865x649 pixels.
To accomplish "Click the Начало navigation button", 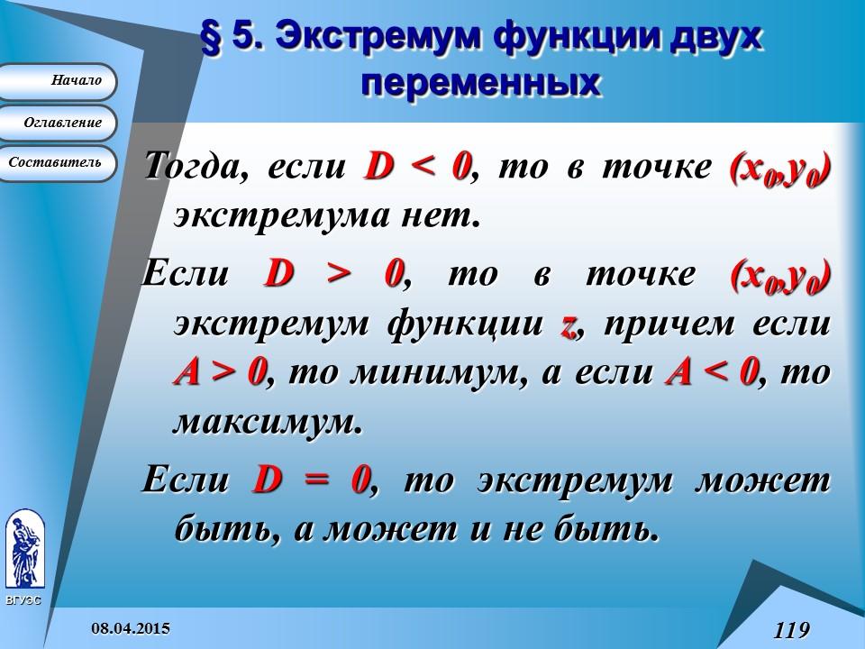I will pos(58,81).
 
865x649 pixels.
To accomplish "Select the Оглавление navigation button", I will pos(58,123).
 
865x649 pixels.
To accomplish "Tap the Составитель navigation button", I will pos(56,163).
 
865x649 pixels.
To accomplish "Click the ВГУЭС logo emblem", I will pos(24,550).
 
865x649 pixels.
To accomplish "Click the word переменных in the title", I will pos(480,83).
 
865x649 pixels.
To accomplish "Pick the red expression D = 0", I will pos(313,480).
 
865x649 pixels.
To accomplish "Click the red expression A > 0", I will pos(217,372).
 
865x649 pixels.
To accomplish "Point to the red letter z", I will pos(568,324).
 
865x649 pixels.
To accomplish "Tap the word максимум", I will pos(267,423).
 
